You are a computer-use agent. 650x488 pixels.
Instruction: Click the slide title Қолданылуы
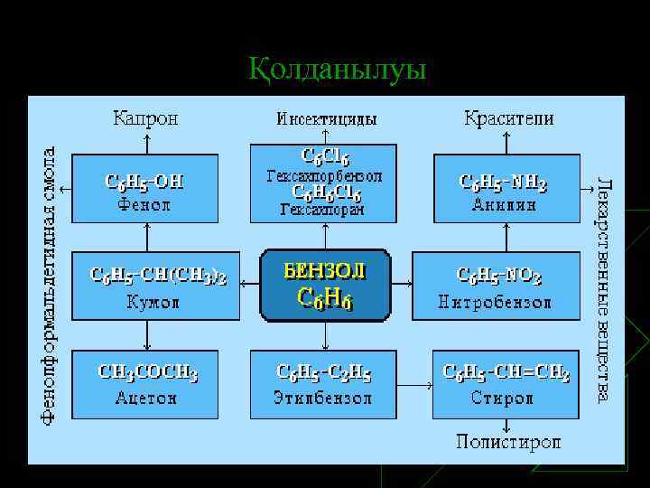tap(337, 70)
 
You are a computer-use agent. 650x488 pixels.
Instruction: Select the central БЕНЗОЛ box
tap(325, 286)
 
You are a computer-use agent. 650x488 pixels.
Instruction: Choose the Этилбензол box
tap(324, 383)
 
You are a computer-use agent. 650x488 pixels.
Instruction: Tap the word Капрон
tap(144, 118)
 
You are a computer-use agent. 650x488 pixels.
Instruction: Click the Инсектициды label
tap(326, 118)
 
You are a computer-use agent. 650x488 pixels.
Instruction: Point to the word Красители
tap(509, 118)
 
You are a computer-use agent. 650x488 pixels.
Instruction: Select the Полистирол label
tap(507, 442)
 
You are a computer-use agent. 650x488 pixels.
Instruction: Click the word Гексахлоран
tap(322, 211)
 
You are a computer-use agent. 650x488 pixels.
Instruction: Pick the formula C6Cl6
tap(324, 157)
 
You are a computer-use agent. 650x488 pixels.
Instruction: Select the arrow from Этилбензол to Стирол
tap(414, 384)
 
